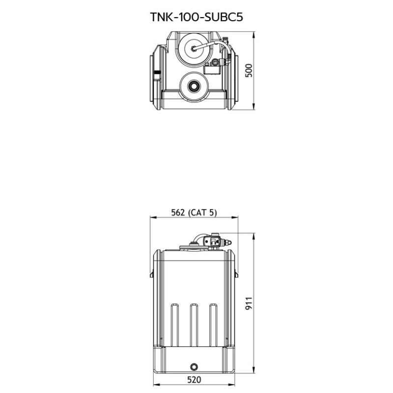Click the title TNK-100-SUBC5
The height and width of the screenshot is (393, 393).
tap(196, 17)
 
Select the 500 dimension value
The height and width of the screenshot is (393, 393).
tap(249, 71)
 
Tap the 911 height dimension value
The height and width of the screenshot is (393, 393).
tap(249, 303)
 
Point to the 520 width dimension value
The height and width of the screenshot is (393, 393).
tap(194, 380)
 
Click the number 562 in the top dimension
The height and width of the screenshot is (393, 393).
tap(178, 213)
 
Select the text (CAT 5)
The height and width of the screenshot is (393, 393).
tap(202, 213)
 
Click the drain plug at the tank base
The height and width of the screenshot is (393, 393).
tap(194, 367)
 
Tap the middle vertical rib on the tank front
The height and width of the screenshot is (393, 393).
tap(194, 325)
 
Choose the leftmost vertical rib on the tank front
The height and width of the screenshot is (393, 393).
tap(174, 325)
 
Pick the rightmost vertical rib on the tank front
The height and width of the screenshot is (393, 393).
tap(213, 325)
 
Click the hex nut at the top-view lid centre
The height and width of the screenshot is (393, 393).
tap(194, 49)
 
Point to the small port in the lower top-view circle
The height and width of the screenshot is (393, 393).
tap(194, 85)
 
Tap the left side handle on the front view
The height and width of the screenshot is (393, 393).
tap(152, 275)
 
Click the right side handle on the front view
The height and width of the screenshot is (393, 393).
tap(236, 275)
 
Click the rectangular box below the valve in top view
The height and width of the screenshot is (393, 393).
tap(212, 69)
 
